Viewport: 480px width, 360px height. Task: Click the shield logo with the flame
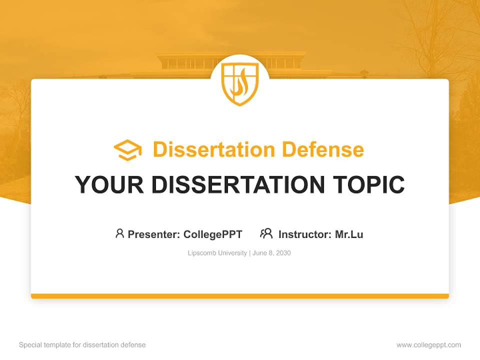[x=240, y=83]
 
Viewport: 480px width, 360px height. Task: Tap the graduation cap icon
[x=127, y=150]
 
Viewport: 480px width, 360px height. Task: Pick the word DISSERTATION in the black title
[x=237, y=184]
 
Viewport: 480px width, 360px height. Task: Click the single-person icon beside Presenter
[x=119, y=233]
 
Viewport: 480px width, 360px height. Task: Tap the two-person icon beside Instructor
[x=266, y=233]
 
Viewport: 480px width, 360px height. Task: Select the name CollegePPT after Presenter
[x=212, y=234]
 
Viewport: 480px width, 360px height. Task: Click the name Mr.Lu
[x=349, y=234]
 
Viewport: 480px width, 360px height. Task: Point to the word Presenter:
[x=154, y=234]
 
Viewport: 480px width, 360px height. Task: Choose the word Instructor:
[x=305, y=234]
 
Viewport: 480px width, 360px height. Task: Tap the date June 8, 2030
[x=271, y=253]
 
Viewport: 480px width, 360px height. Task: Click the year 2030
[x=282, y=253]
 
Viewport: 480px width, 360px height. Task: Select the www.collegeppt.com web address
[x=428, y=345]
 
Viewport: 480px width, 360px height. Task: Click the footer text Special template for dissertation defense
[x=82, y=345]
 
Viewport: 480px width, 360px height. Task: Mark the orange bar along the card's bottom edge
[x=240, y=296]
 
